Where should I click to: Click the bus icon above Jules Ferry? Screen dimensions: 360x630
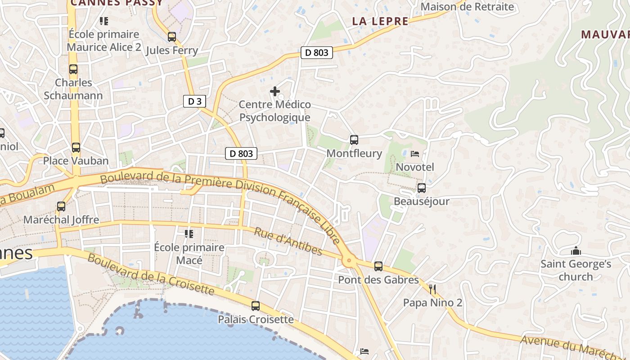[x=171, y=37]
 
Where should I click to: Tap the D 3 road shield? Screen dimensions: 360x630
[x=194, y=101]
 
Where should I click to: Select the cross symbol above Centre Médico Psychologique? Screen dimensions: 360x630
[x=274, y=91]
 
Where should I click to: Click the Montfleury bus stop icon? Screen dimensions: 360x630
[x=354, y=140]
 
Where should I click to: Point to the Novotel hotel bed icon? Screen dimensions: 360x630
[x=415, y=154]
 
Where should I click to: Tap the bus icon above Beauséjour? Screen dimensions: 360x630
[x=421, y=188]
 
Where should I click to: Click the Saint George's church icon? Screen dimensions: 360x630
[x=576, y=251]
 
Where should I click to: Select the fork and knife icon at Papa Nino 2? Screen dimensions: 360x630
[x=432, y=289]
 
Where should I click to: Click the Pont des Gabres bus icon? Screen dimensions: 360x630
[x=378, y=266]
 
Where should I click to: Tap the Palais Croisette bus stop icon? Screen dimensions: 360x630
[x=256, y=306]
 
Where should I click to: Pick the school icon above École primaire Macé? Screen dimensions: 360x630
[x=189, y=234]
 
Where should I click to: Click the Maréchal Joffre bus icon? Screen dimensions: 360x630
[x=61, y=207]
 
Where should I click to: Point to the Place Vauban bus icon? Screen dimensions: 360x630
[x=76, y=148]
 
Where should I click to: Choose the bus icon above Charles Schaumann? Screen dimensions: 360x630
[x=73, y=69]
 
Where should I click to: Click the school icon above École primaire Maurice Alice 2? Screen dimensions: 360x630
[x=104, y=21]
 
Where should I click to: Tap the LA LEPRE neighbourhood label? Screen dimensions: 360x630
[x=380, y=21]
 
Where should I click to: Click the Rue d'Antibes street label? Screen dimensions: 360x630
[x=288, y=242]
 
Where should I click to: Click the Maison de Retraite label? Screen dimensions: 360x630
[x=467, y=7]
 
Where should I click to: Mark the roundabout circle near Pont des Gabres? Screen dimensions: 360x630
[x=348, y=260]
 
